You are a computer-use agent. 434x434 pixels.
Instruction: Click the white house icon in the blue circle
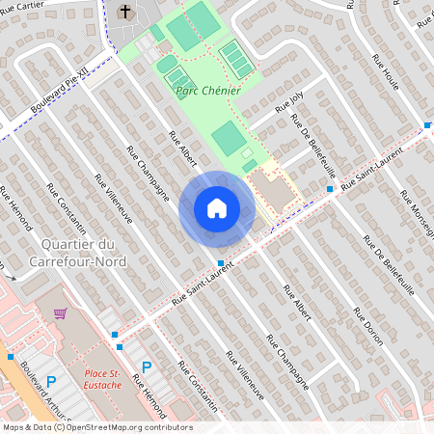(x=216, y=208)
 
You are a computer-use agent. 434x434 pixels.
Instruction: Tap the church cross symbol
(x=125, y=12)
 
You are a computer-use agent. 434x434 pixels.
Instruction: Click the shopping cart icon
(x=61, y=313)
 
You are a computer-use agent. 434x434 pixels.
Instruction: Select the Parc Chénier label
(x=207, y=91)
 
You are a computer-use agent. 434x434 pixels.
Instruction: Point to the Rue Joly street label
(x=288, y=102)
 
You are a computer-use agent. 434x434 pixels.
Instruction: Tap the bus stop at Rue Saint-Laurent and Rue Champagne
(x=221, y=262)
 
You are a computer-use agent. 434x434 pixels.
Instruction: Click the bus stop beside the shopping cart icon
(x=116, y=335)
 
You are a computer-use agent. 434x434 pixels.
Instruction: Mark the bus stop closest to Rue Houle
(x=426, y=125)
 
